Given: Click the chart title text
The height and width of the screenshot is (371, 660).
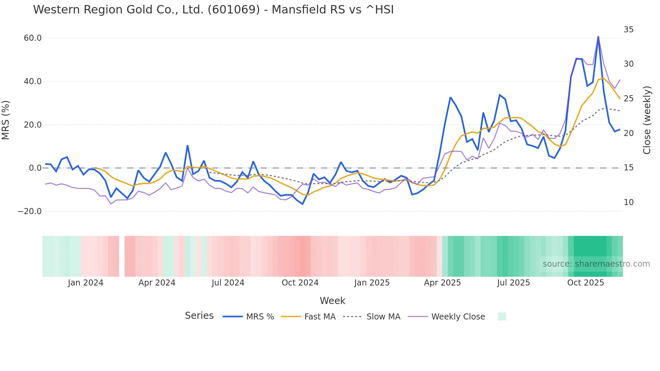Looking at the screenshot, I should click(213, 10).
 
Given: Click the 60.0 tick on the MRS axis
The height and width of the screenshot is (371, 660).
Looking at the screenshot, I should click(33, 38).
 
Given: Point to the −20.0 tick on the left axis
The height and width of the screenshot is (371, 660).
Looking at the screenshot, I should click(30, 211).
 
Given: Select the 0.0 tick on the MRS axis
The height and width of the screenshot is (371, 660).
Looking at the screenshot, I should click(35, 168).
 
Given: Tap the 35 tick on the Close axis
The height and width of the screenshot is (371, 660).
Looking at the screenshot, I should click(628, 30).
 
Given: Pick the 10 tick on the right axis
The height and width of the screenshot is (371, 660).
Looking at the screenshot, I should click(628, 202).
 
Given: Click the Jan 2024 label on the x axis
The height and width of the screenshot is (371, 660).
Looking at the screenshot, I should click(86, 283).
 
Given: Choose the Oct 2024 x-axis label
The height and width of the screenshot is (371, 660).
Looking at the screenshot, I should click(300, 283).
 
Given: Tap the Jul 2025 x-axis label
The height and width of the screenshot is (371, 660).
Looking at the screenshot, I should click(514, 283).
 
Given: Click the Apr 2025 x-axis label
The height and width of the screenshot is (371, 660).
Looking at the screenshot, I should click(442, 283).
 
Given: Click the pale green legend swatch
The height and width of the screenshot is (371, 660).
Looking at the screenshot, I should click(502, 316).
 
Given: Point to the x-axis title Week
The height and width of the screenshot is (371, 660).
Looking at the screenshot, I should click(332, 301).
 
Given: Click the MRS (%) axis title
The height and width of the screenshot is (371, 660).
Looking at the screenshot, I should click(6, 120).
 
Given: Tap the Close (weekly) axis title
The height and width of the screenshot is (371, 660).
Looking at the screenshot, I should click(647, 120).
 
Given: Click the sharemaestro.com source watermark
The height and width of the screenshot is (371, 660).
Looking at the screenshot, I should click(596, 264).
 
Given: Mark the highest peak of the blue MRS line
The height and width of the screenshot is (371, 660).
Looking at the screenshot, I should click(598, 37).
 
